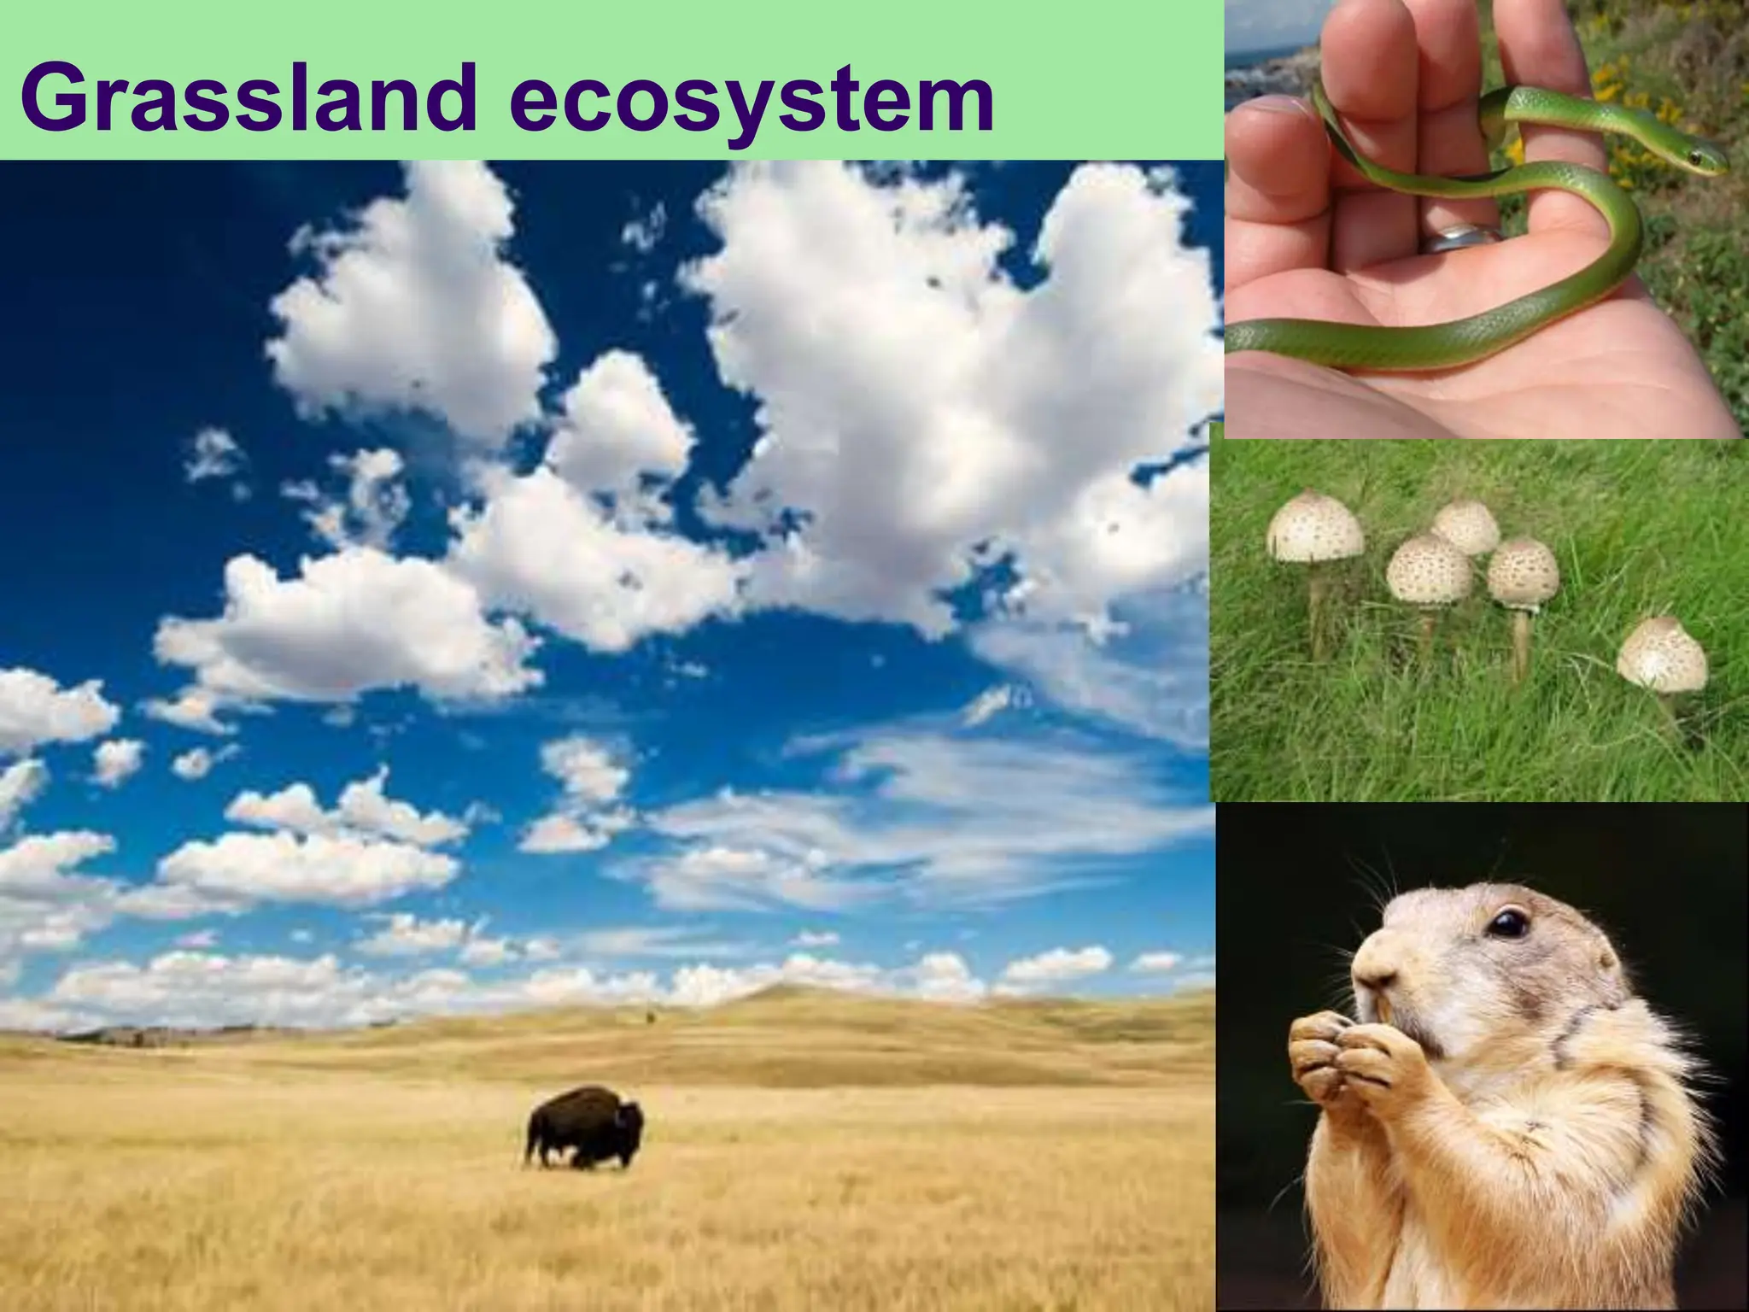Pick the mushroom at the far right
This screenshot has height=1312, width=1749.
tap(1661, 653)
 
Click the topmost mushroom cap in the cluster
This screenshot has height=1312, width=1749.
tap(1465, 525)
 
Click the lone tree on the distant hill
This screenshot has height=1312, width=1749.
tap(649, 1016)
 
